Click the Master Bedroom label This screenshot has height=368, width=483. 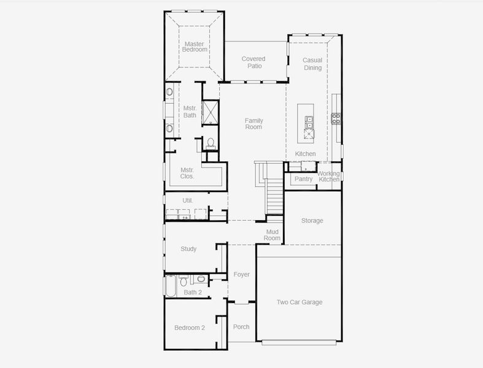194,47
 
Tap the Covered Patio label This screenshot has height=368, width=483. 253,63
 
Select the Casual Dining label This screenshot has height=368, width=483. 312,64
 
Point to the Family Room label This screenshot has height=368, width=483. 253,123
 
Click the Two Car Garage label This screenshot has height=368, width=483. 299,302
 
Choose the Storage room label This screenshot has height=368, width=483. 312,221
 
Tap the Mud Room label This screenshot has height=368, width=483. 272,234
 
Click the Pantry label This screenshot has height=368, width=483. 303,179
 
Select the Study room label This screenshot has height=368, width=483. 188,249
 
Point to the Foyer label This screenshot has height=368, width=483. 241,274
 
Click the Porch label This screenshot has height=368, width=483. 241,326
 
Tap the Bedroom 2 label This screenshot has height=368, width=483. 190,328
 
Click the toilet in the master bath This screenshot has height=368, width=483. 211,143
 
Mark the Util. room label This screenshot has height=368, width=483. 188,201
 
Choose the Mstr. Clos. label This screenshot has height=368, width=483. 187,173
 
